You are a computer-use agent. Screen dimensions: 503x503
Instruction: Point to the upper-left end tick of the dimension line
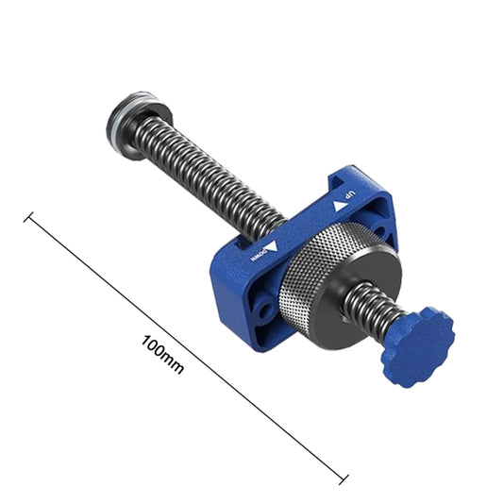[28, 219]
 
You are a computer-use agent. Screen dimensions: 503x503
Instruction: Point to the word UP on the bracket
[350, 196]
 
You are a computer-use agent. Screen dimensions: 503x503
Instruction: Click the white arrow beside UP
[336, 206]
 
